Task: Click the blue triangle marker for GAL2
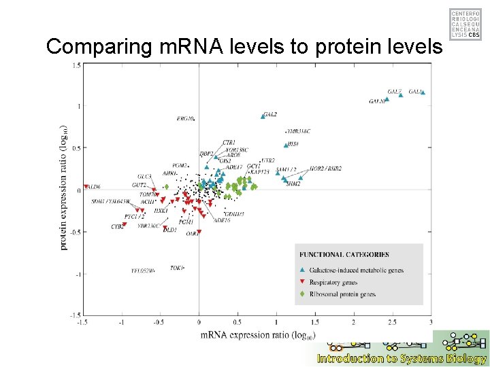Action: coord(262,116)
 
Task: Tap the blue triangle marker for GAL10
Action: coord(387,99)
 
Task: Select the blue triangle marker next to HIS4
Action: coord(285,145)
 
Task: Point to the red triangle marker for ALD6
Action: coord(86,186)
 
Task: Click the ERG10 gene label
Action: coord(186,119)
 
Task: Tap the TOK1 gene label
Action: coord(177,268)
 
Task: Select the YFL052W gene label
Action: coord(143,270)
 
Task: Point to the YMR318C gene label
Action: coord(297,131)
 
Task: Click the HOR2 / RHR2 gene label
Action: coord(325,169)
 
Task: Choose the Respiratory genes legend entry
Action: coord(333,282)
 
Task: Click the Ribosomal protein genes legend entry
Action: coord(342,294)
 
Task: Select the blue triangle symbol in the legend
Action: coord(302,270)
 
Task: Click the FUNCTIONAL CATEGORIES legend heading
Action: coord(344,254)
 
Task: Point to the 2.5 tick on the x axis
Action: coord(392,321)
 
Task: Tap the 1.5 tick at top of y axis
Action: coord(76,65)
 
